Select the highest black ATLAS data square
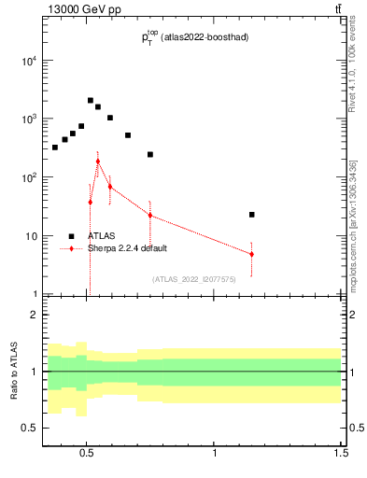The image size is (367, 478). pyautogui.click(x=91, y=100)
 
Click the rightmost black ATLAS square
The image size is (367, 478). pyautogui.click(x=252, y=215)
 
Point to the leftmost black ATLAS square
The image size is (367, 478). pyautogui.click(x=55, y=148)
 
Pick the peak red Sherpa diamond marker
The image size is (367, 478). pyautogui.click(x=97, y=161)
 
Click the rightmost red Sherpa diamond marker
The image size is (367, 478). pyautogui.click(x=252, y=254)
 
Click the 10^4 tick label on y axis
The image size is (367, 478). pyautogui.click(x=27, y=62)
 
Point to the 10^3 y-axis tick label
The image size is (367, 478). pyautogui.click(x=27, y=119)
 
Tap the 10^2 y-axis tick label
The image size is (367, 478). pyautogui.click(x=27, y=177)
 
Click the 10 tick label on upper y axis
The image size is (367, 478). pyautogui.click(x=30, y=236)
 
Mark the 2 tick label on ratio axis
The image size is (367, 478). pyautogui.click(x=35, y=315)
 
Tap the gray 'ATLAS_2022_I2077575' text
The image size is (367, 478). pyautogui.click(x=194, y=278)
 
